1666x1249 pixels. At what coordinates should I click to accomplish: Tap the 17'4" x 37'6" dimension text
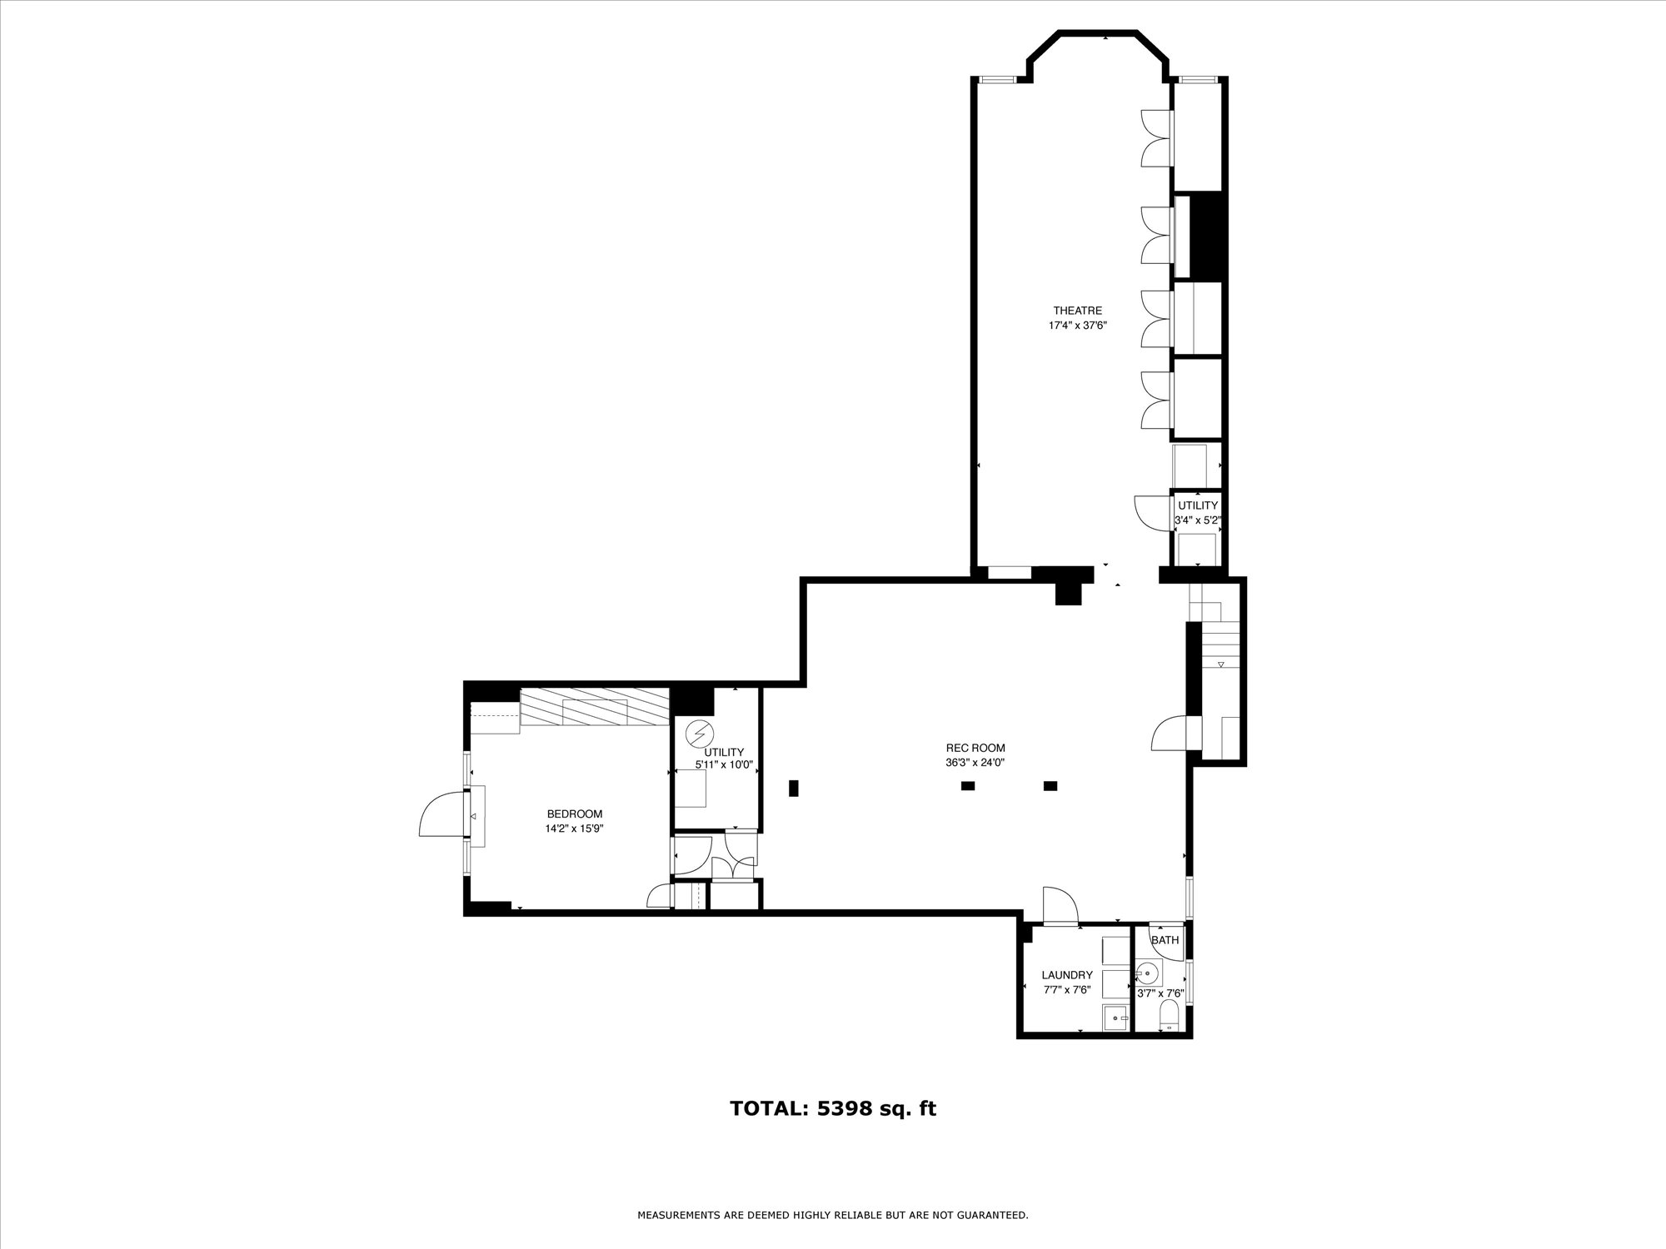click(1078, 326)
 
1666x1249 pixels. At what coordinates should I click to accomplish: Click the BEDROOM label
click(574, 814)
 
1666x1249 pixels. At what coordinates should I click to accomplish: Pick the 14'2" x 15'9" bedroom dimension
click(574, 829)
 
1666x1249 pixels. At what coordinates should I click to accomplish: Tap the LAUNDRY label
click(1067, 975)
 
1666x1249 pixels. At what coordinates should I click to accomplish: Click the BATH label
click(1165, 940)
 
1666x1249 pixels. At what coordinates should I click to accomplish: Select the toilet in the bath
click(1169, 1015)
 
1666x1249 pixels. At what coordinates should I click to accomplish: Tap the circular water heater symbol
click(699, 734)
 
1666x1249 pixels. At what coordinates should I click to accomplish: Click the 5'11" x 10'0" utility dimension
click(724, 764)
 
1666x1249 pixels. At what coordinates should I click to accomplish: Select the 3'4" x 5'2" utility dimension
click(1198, 520)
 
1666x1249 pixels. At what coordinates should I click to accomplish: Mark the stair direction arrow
click(1221, 664)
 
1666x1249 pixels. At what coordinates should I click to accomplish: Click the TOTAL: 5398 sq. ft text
click(833, 1109)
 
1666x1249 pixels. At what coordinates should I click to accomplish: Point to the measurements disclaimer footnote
click(833, 1216)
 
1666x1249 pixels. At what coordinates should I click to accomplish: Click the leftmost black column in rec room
click(794, 788)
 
